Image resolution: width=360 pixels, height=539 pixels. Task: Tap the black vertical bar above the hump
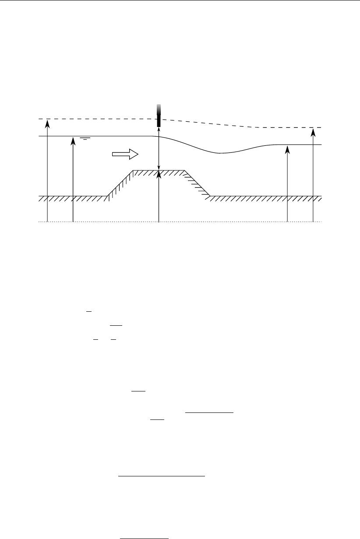coord(159,116)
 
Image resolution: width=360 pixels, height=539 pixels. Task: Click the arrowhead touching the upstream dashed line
coord(47,123)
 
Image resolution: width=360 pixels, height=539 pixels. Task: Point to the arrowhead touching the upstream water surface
coord(73,140)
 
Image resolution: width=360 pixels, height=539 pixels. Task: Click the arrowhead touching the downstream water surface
coord(287,149)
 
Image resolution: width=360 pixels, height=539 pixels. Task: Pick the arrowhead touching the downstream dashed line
coord(313,131)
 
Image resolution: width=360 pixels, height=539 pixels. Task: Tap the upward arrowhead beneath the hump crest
coord(159,175)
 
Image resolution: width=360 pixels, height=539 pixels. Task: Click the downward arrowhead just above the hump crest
coord(159,167)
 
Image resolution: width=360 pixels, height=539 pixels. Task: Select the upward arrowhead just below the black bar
coord(159,129)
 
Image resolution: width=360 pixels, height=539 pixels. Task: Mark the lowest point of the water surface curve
coord(220,153)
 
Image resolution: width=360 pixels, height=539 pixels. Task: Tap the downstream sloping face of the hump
coord(197,183)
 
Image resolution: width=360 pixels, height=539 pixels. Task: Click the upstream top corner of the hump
coord(133,170)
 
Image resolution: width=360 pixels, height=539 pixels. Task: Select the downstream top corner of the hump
coord(184,170)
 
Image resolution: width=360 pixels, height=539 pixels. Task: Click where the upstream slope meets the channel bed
coord(107,196)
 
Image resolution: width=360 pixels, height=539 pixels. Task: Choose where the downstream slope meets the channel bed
coord(210,196)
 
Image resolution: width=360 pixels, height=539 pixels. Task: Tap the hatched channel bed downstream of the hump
coord(263,197)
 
